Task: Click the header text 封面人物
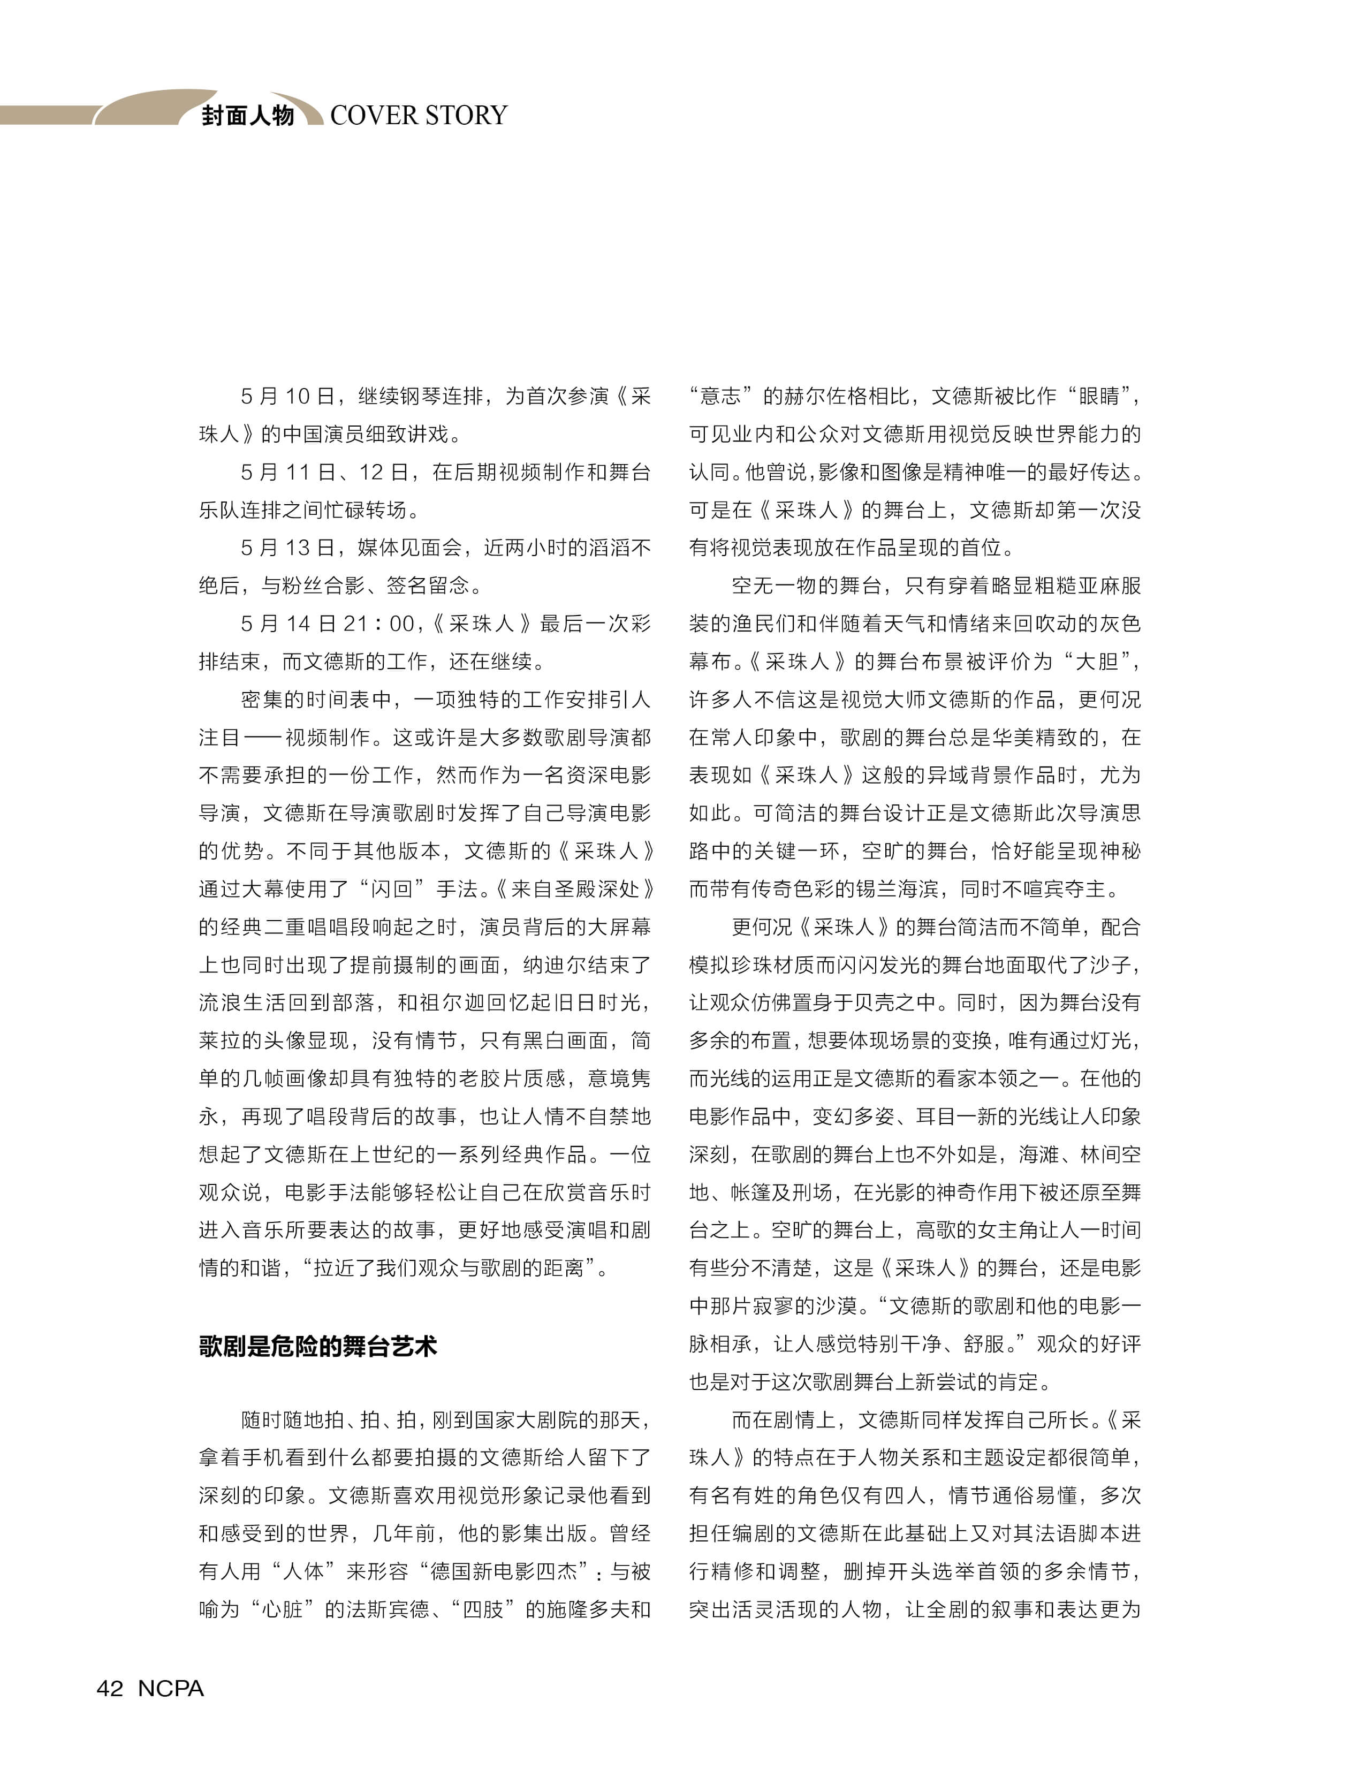pos(247,116)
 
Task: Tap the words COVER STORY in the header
pos(418,116)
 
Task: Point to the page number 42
pos(110,1688)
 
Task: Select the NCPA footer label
pos(171,1688)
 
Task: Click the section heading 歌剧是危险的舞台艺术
pos(318,1346)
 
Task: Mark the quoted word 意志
pos(721,397)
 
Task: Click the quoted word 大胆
pos(1096,662)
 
